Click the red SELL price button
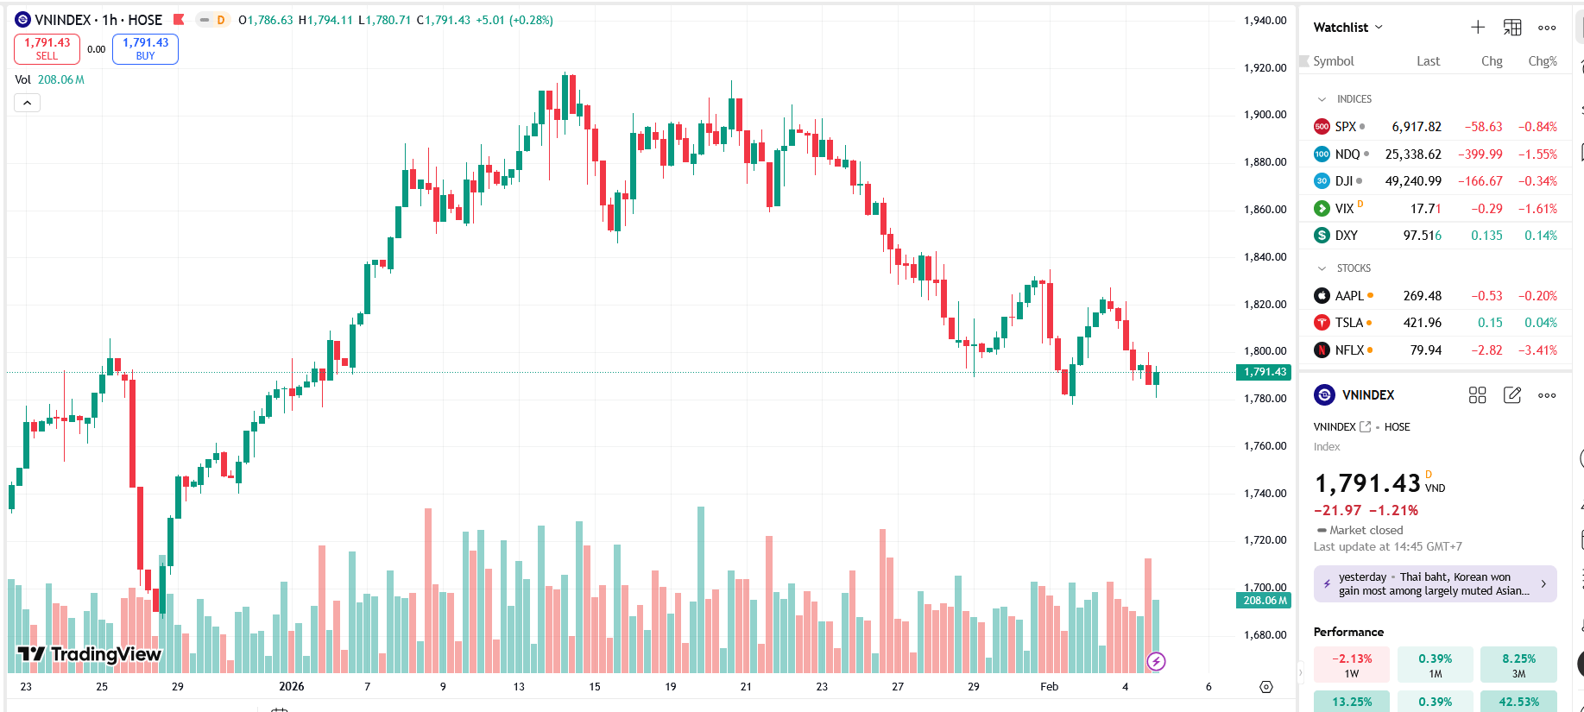pyautogui.click(x=47, y=48)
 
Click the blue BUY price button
pyautogui.click(x=145, y=48)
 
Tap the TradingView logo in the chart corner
pyautogui.click(x=90, y=654)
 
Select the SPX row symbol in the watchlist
pyautogui.click(x=1345, y=127)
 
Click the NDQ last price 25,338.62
pyautogui.click(x=1413, y=154)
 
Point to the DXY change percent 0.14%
pyautogui.click(x=1541, y=236)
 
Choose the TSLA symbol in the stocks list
pyautogui.click(x=1348, y=323)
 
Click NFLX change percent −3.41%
pyautogui.click(x=1538, y=350)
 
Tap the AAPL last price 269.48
pyautogui.click(x=1423, y=296)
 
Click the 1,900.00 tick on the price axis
pyautogui.click(x=1265, y=115)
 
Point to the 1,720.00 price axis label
pyautogui.click(x=1265, y=540)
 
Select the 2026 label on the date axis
pyautogui.click(x=292, y=687)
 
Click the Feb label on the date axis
pyautogui.click(x=1049, y=687)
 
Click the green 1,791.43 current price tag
pyautogui.click(x=1265, y=372)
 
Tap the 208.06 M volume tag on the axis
pyautogui.click(x=1265, y=601)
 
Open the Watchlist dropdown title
pyautogui.click(x=1347, y=28)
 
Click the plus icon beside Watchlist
pyautogui.click(x=1478, y=28)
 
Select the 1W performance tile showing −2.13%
pyautogui.click(x=1352, y=665)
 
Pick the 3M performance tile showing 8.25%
pyautogui.click(x=1518, y=665)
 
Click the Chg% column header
pyautogui.click(x=1543, y=61)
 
